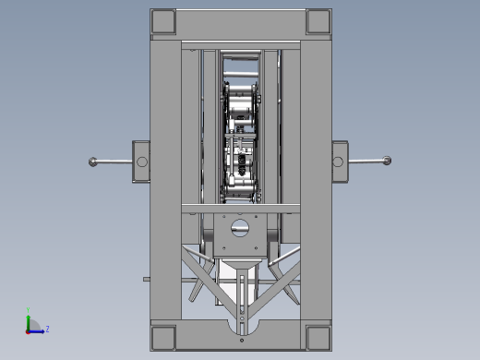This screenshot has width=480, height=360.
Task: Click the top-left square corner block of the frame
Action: pos(162,20)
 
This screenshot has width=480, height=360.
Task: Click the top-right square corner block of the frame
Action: pos(317,20)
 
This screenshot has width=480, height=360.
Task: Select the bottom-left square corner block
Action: pos(162,335)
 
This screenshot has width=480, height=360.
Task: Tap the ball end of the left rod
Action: pos(93,162)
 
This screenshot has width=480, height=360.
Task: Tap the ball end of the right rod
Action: pos(387,162)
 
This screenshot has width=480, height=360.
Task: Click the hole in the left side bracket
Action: pos(141,162)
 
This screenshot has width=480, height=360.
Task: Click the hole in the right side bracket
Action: pos(338,162)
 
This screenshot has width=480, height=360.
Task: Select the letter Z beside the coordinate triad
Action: pos(47,328)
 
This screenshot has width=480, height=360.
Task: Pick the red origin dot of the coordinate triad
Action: pos(29,330)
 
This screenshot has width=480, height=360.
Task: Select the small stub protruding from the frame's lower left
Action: pos(146,277)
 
